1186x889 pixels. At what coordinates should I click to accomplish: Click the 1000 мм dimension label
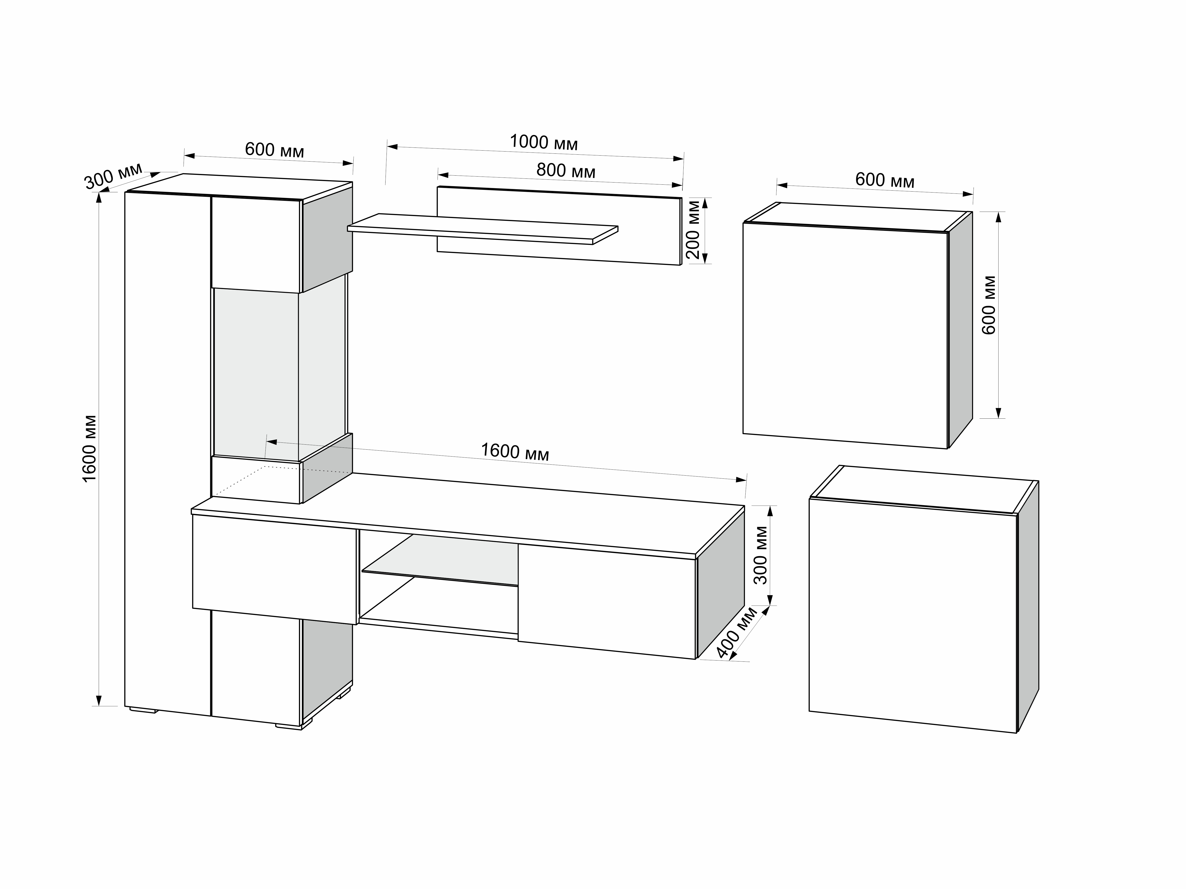click(x=544, y=142)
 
